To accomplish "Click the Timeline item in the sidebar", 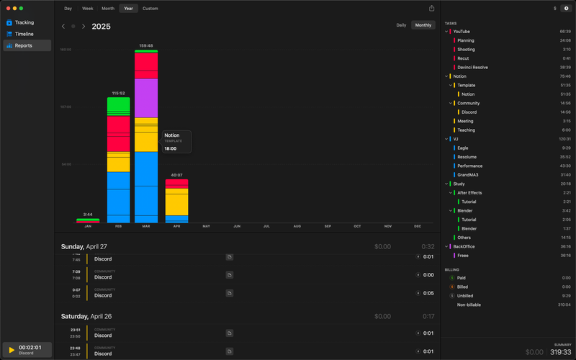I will [x=24, y=34].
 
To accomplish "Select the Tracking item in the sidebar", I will [x=24, y=22].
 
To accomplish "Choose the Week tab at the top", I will [x=87, y=9].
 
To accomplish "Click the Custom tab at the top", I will [x=150, y=9].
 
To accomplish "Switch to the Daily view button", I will [x=401, y=25].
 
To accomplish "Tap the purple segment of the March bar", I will [x=146, y=98].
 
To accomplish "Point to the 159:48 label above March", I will [x=146, y=46].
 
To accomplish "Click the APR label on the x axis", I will [x=176, y=226].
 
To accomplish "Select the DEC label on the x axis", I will [x=418, y=226].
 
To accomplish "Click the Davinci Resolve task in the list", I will [x=472, y=67].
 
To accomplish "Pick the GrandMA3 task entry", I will [x=469, y=174].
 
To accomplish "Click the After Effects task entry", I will [x=469, y=192].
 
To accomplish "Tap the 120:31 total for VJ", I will [x=564, y=139].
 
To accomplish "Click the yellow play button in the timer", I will [x=12, y=350].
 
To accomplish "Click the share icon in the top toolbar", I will [x=431, y=9].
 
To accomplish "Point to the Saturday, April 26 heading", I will [x=96, y=316].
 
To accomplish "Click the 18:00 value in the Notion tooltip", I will [x=170, y=148].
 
